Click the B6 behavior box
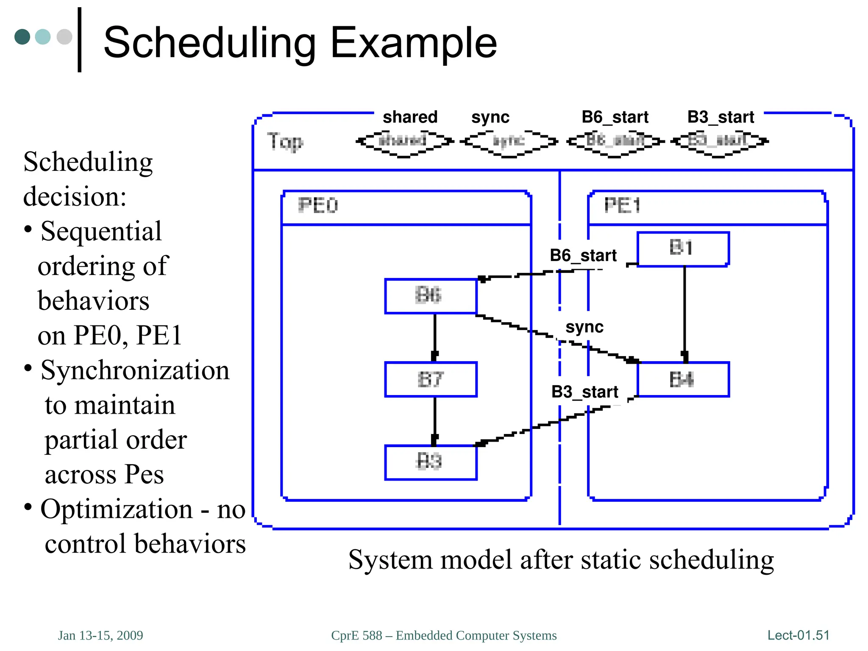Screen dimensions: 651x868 pyautogui.click(x=431, y=296)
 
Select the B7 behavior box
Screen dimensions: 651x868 pyautogui.click(x=431, y=379)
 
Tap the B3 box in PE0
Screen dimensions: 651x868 pyautogui.click(x=431, y=462)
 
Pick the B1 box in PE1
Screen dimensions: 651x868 pyautogui.click(x=683, y=249)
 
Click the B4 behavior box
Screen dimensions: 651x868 pyautogui.click(x=683, y=379)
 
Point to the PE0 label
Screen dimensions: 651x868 pyautogui.click(x=318, y=206)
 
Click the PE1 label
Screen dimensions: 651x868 pyautogui.click(x=622, y=206)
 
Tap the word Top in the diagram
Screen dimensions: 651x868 pyautogui.click(x=285, y=142)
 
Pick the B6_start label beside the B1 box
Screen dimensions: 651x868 pyautogui.click(x=583, y=256)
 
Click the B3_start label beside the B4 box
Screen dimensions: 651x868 pyautogui.click(x=584, y=392)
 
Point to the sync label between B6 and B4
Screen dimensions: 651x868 pyautogui.click(x=584, y=327)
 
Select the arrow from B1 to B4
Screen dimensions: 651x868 pyautogui.click(x=684, y=314)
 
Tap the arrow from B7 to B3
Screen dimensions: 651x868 pyautogui.click(x=434, y=421)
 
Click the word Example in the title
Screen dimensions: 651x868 pyautogui.click(x=413, y=43)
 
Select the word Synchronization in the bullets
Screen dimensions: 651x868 pyautogui.click(x=135, y=370)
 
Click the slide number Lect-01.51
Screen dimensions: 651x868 pyautogui.click(x=798, y=635)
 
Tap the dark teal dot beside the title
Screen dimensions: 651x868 pyautogui.click(x=22, y=37)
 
